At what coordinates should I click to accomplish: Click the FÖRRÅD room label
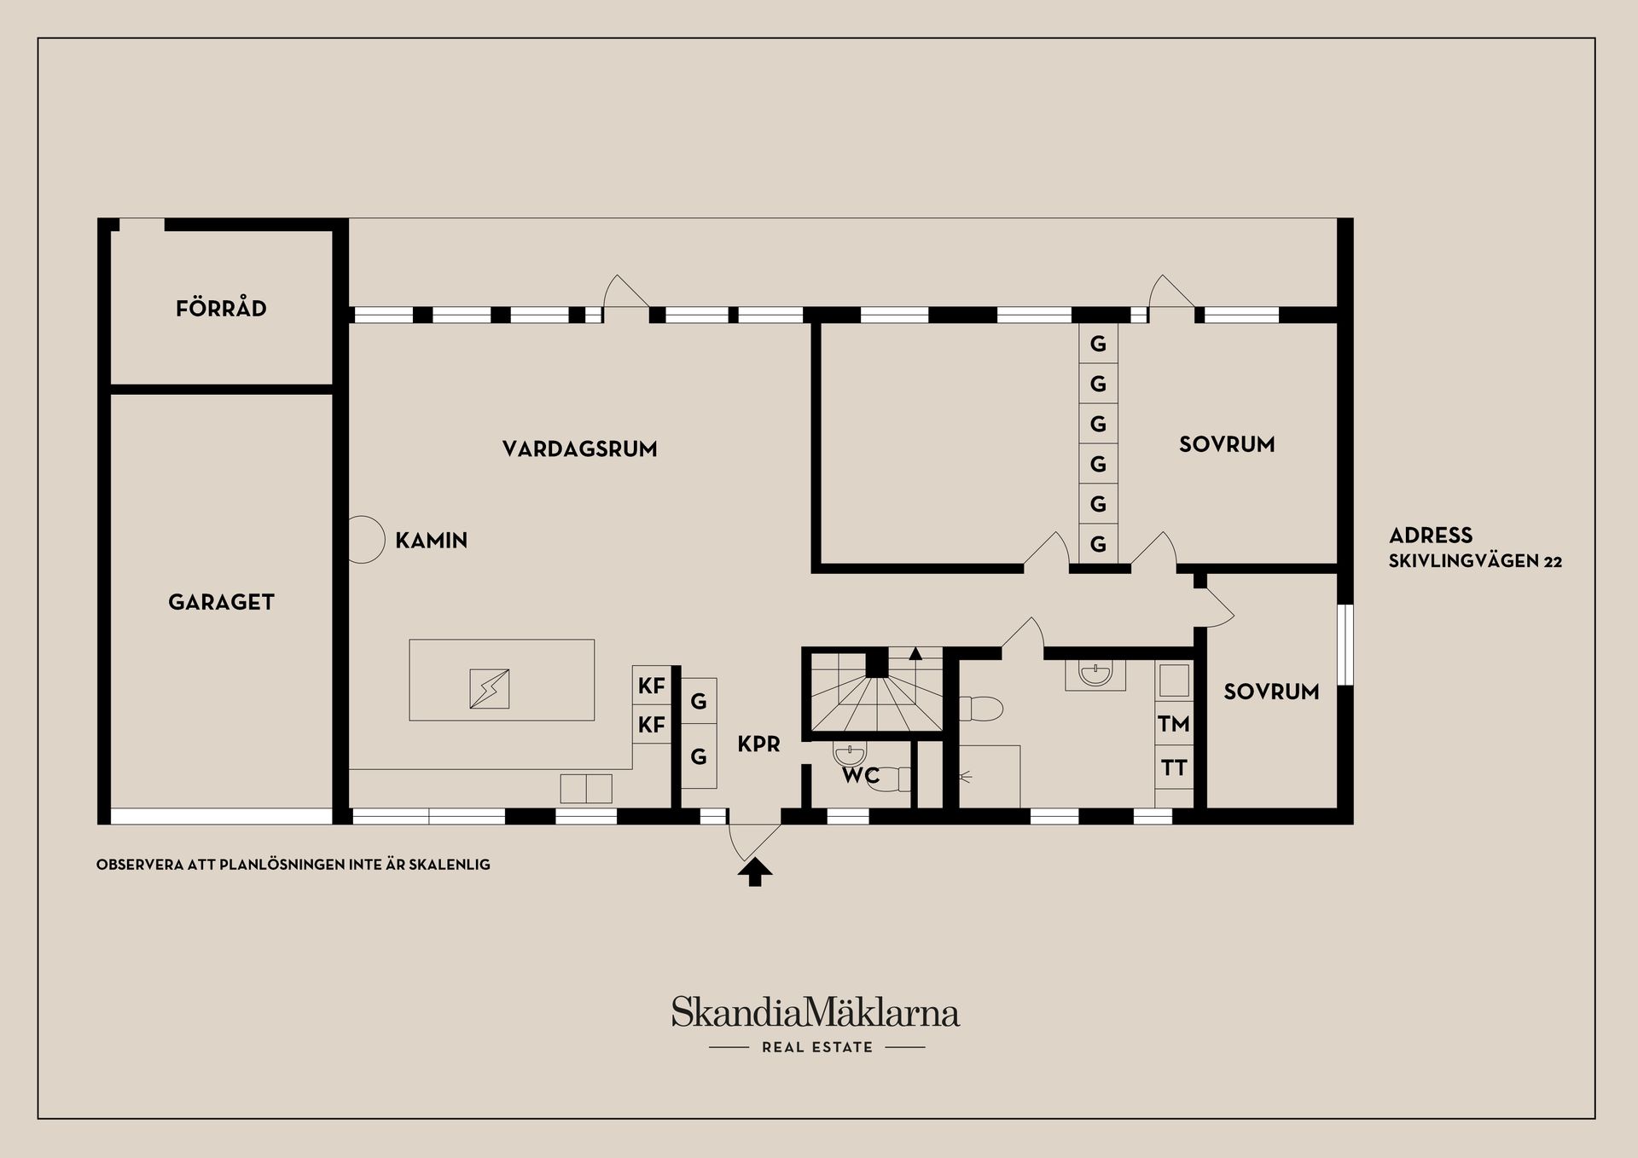coord(221,308)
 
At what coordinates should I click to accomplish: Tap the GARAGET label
coord(221,602)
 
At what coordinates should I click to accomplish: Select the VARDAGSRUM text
coord(579,449)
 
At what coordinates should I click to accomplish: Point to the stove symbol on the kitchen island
coord(490,689)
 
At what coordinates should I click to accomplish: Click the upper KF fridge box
coord(652,685)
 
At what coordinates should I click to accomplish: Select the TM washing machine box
coord(1174,724)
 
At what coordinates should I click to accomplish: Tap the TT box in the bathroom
coord(1174,767)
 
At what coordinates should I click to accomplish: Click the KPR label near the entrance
coord(758,744)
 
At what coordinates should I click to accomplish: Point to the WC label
coord(860,776)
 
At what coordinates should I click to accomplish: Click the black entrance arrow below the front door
coord(755,873)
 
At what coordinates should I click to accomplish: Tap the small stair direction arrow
coord(916,654)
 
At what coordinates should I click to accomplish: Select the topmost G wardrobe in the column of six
coord(1098,344)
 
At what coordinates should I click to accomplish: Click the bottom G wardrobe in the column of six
coord(1098,543)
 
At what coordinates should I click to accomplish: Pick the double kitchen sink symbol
coord(586,788)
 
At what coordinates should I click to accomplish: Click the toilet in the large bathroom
coord(980,708)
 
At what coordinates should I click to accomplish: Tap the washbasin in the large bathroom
coord(1095,675)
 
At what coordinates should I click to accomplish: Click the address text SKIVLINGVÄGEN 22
coord(1475,561)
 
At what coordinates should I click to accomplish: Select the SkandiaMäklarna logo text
coord(816,1013)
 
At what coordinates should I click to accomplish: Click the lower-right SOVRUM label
coord(1271,692)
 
